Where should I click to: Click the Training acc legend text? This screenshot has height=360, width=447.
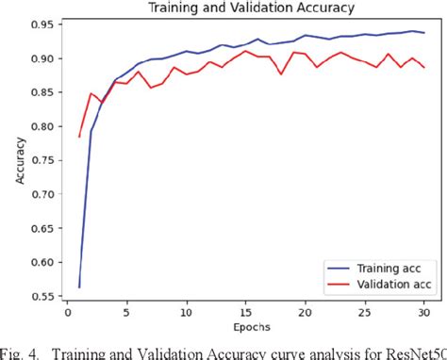(387, 268)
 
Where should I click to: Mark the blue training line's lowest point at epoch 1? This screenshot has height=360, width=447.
(79, 286)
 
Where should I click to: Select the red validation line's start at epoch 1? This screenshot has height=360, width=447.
(79, 137)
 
